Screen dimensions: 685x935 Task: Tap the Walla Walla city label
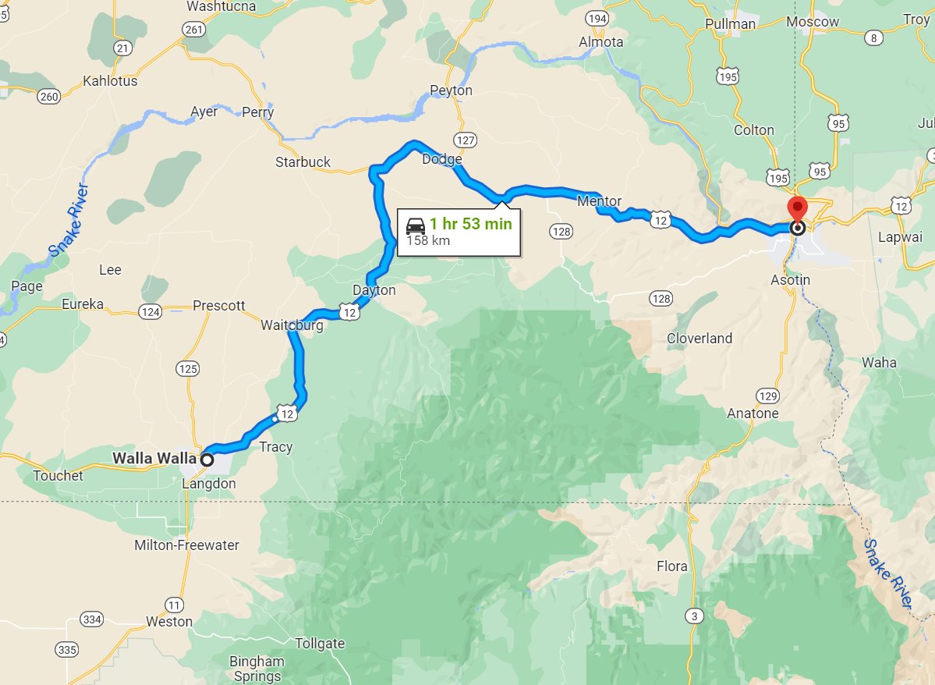coord(154,458)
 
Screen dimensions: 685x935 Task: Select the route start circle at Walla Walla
coord(207,460)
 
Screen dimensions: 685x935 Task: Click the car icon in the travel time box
coord(416,225)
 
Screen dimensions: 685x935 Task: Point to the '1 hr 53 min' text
coord(470,225)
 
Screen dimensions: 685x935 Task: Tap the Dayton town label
coord(374,290)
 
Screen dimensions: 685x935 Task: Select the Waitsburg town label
coord(292,325)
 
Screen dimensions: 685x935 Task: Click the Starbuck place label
coord(303,162)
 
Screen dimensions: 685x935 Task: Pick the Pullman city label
coord(730,23)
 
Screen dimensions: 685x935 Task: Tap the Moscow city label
coord(813,22)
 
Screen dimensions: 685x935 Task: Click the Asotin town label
coord(790,279)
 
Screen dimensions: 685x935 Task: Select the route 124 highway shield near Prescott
coord(150,312)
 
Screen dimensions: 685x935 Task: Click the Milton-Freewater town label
coord(186,545)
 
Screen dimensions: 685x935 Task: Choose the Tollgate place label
coord(320,644)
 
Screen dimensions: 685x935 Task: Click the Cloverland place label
coord(699,338)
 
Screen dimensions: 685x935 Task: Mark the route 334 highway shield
coord(91,619)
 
